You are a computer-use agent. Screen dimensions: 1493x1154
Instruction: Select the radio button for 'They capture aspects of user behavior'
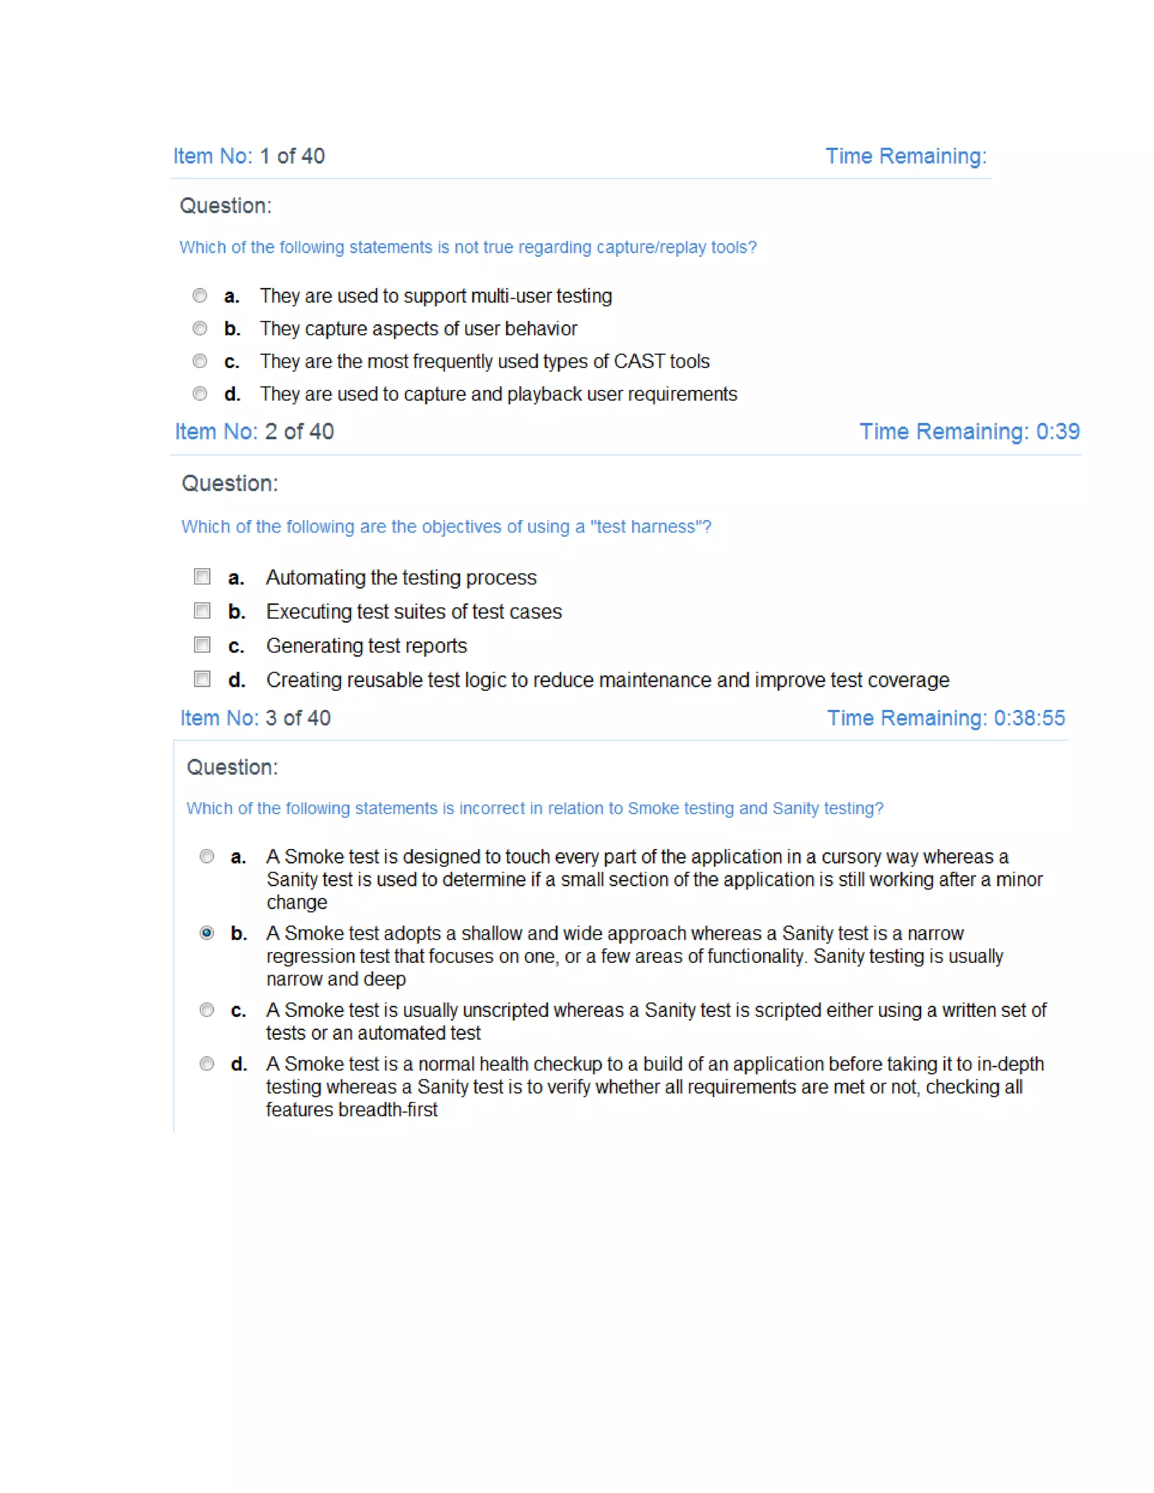(x=199, y=329)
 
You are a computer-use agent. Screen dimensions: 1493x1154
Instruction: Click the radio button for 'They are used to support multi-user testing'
(x=199, y=296)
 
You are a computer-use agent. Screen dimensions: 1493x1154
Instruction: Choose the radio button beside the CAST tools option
(x=199, y=361)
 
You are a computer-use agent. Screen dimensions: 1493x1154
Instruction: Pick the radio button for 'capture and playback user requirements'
(x=199, y=394)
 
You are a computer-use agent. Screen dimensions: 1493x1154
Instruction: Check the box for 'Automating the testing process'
(x=202, y=577)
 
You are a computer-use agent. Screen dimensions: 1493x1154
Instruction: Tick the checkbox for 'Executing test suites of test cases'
(x=202, y=611)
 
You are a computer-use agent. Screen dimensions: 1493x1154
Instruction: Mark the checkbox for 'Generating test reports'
(x=202, y=645)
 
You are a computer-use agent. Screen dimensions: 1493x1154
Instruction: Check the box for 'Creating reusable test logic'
(x=202, y=679)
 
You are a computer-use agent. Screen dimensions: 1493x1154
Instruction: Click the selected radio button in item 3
(x=206, y=933)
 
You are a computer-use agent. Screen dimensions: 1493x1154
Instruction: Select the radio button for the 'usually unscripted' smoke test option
(x=206, y=1010)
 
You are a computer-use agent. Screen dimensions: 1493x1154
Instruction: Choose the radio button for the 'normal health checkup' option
(x=206, y=1064)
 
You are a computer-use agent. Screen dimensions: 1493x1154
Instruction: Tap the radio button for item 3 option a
(x=206, y=856)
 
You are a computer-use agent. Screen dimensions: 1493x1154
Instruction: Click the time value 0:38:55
(x=1029, y=718)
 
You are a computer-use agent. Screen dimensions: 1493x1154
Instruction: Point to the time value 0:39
(x=1058, y=432)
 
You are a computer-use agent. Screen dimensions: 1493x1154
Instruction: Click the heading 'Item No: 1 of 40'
(x=249, y=156)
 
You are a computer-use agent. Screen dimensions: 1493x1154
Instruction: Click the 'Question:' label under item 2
(x=230, y=483)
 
